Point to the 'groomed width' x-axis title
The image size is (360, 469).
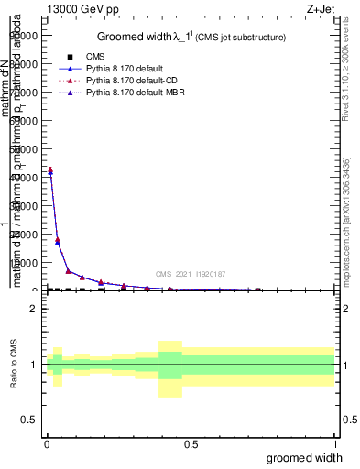point(311,457)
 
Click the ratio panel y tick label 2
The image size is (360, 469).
point(34,309)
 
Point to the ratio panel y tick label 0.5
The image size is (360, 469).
point(29,420)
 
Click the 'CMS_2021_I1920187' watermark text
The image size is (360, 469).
point(190,274)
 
